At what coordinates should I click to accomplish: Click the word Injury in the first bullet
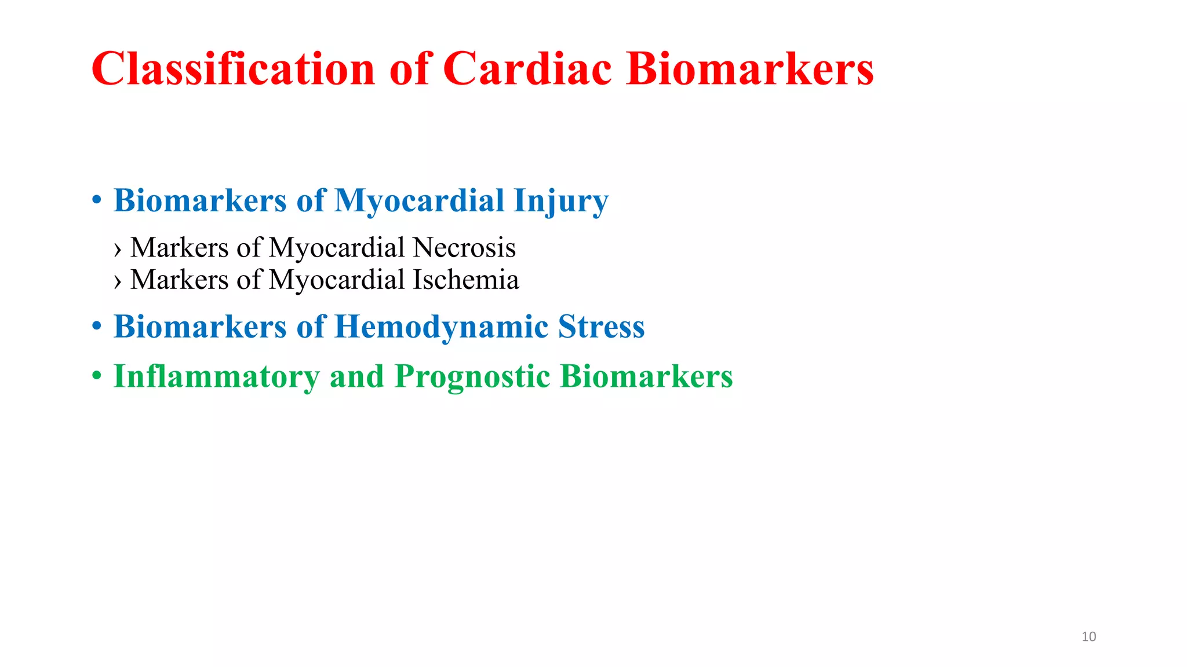tap(560, 201)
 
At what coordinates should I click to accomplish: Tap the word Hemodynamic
tap(441, 327)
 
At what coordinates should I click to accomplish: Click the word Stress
tap(601, 327)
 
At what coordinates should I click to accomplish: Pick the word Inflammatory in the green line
tap(216, 376)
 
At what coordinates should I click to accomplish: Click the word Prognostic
tap(472, 376)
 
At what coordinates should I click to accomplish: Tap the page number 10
tap(1088, 637)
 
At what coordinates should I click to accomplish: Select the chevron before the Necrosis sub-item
tap(118, 250)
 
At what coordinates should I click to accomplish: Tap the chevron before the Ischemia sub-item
tap(118, 281)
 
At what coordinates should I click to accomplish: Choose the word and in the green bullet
tap(356, 376)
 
